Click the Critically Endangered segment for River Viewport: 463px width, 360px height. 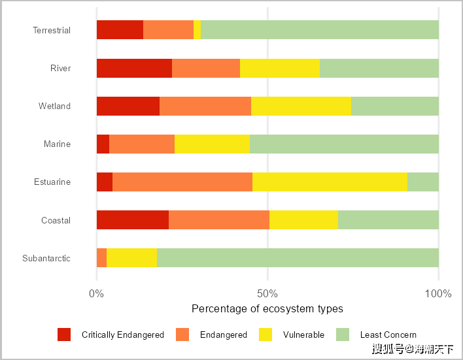[134, 68]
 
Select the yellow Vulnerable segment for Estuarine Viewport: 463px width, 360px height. [330, 182]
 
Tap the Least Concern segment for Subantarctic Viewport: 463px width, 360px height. [298, 258]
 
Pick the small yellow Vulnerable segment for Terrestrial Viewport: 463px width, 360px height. [197, 30]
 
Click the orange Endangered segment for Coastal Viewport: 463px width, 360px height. [219, 220]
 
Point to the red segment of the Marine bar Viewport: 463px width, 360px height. [103, 144]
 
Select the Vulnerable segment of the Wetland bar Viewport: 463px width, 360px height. [301, 106]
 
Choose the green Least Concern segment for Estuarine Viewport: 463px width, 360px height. [422, 182]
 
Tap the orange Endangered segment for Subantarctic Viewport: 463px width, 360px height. [101, 258]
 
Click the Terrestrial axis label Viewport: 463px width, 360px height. [52, 31]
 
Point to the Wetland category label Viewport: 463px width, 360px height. [54, 106]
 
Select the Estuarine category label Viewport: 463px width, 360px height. [52, 182]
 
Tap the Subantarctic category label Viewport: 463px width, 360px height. [46, 259]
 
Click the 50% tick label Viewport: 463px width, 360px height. [267, 293]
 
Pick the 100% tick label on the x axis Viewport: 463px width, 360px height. [438, 293]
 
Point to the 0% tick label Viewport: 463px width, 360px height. [97, 293]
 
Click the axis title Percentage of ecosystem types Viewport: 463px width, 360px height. [267, 308]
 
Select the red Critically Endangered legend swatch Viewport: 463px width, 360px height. [64, 335]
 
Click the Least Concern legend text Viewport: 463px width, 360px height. [388, 335]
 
